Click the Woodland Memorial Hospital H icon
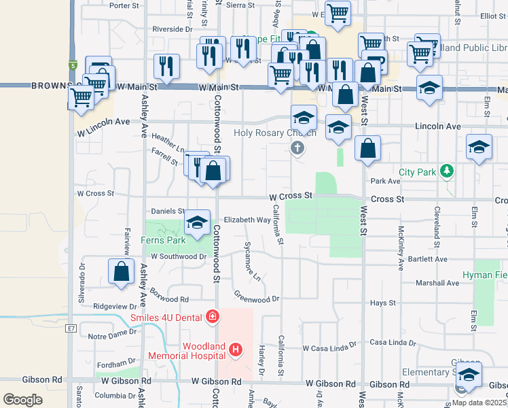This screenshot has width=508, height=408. coord(236,350)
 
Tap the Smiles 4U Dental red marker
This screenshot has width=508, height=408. coord(213,317)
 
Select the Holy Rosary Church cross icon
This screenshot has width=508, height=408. coord(296,148)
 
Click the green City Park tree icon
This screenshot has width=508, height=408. coord(446,171)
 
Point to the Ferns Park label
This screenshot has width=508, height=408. coord(163,240)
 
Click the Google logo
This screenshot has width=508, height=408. coord(22,399)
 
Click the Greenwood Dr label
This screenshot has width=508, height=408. coord(257,297)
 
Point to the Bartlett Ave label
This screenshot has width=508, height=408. coord(428,259)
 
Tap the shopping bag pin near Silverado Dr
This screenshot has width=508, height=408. coord(121,271)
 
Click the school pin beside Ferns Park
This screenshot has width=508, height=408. coord(197,223)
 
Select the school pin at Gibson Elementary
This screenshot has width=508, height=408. coord(469,375)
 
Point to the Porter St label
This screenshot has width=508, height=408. coord(124,5)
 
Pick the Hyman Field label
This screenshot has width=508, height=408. coord(485,275)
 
